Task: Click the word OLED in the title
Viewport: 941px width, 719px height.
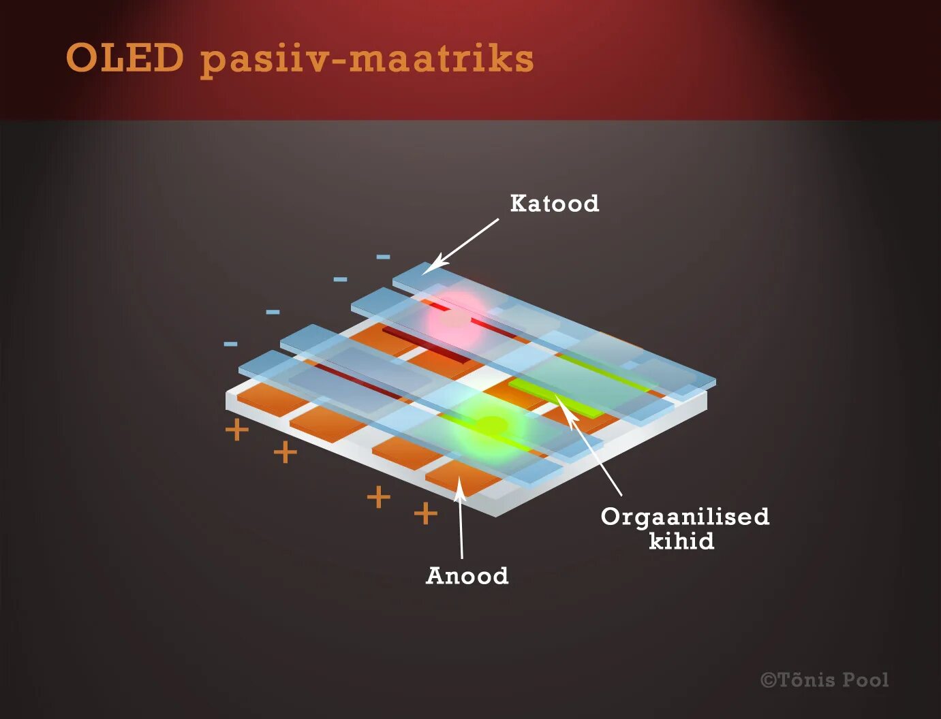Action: pos(125,59)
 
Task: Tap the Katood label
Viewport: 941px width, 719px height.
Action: pos(555,204)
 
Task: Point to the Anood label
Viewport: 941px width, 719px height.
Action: pos(467,576)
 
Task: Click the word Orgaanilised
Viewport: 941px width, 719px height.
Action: pos(685,517)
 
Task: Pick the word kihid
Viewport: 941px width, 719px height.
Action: pos(681,541)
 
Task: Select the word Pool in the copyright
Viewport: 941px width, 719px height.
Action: pos(866,680)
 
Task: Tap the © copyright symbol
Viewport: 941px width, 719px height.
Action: pos(769,680)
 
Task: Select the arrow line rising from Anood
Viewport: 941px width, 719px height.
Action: pos(461,524)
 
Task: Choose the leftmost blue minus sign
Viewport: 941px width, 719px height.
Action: pos(230,344)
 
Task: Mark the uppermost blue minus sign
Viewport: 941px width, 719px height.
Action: pos(383,257)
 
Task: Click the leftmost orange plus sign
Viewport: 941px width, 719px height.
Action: pos(236,430)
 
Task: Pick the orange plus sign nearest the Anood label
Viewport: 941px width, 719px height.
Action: pos(425,513)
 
